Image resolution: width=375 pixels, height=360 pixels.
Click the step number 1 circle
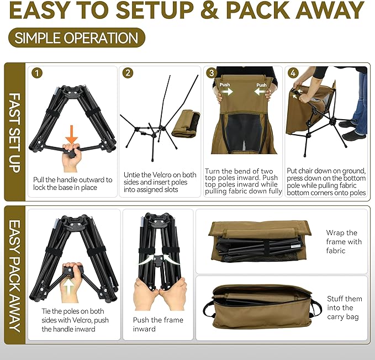click(x=38, y=73)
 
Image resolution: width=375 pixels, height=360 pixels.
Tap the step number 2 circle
click(x=128, y=73)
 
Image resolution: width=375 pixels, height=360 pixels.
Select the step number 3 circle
click(x=211, y=73)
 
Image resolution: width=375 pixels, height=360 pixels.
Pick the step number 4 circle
click(x=293, y=73)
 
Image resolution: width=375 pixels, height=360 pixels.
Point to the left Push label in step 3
click(x=225, y=86)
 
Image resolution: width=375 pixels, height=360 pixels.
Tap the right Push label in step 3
click(x=261, y=86)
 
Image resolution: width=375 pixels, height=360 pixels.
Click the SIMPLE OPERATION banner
click(x=76, y=38)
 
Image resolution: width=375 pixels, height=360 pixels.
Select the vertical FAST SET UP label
click(x=15, y=133)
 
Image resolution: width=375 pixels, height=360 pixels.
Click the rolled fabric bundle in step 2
click(x=186, y=123)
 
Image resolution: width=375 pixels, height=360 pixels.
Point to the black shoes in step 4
click(x=352, y=129)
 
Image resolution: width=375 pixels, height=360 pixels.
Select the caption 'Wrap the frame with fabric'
click(x=344, y=241)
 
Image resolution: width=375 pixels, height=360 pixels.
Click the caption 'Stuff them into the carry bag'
click(x=344, y=308)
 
